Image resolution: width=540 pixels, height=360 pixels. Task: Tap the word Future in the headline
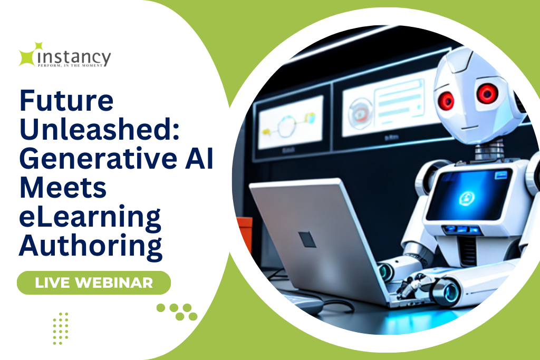(66, 101)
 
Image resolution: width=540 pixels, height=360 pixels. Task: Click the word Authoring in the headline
(91, 247)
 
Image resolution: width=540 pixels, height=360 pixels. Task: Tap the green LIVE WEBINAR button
(94, 283)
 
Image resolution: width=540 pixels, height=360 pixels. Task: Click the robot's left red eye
(446, 100)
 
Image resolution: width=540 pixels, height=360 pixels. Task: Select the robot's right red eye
(487, 93)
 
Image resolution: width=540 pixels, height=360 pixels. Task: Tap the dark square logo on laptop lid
(307, 239)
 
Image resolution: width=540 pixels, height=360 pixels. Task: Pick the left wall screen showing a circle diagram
(291, 122)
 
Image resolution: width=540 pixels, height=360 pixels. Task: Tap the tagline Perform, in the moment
(70, 65)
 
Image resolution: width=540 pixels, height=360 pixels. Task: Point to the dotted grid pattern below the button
(61, 329)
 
